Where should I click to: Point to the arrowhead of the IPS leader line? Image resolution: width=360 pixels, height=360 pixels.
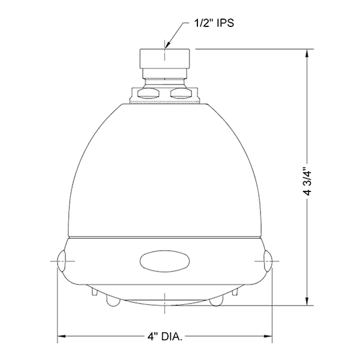(166, 47)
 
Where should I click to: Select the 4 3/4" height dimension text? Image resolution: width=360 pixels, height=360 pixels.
(308, 180)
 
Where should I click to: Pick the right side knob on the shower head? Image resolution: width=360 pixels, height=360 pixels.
(267, 262)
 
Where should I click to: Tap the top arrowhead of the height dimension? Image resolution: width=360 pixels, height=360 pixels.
(308, 54)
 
